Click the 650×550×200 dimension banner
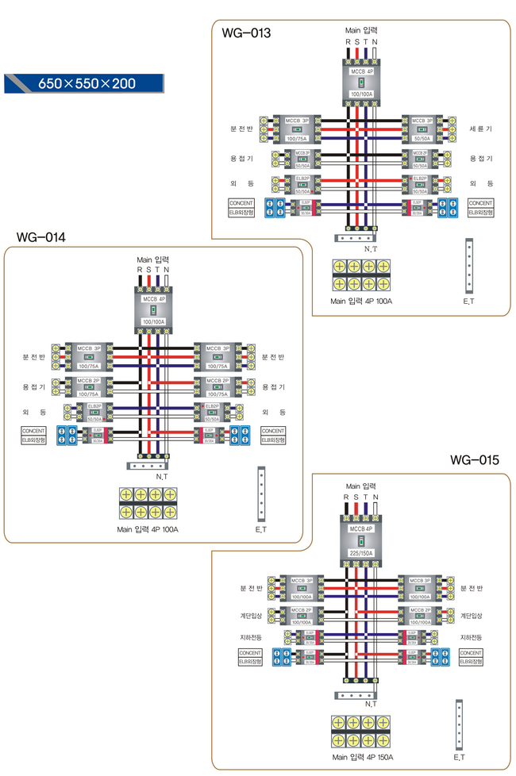(x=83, y=83)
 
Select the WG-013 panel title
(x=246, y=33)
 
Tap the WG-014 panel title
(x=41, y=236)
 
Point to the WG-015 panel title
(x=474, y=459)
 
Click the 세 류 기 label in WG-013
(x=480, y=128)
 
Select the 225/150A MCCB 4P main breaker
(x=361, y=540)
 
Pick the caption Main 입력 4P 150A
(x=362, y=758)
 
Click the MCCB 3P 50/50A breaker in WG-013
(x=422, y=128)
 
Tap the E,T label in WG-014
(x=260, y=528)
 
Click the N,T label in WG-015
(x=371, y=704)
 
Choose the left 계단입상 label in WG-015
(x=252, y=615)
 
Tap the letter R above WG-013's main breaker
(x=348, y=41)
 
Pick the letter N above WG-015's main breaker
(x=375, y=497)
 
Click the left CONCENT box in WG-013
(x=241, y=203)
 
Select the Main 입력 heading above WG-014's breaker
(x=153, y=259)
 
